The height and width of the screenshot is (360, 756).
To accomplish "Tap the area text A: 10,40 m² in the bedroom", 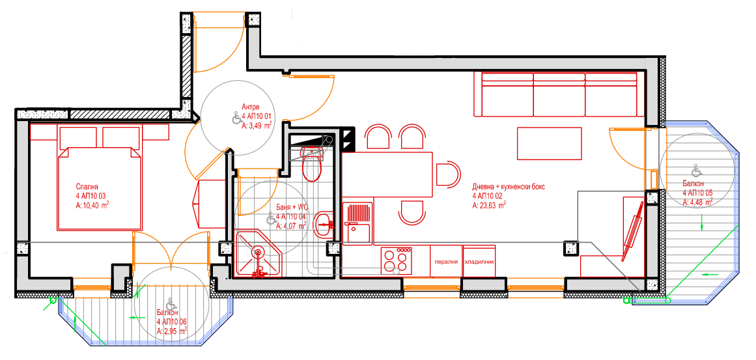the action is pyautogui.click(x=92, y=205).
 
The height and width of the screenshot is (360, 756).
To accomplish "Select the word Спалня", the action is pyautogui.click(x=87, y=186).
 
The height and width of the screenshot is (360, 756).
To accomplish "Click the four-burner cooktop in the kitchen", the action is pyautogui.click(x=397, y=260).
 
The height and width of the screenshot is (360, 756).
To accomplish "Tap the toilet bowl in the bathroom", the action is pyautogui.click(x=313, y=166).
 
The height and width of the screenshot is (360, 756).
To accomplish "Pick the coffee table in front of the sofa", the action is pyautogui.click(x=549, y=143).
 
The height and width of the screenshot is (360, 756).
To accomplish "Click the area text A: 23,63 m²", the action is pyautogui.click(x=489, y=205).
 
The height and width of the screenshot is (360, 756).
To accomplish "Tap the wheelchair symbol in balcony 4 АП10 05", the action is pyautogui.click(x=695, y=170).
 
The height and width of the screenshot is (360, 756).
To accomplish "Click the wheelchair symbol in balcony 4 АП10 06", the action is pyautogui.click(x=170, y=303).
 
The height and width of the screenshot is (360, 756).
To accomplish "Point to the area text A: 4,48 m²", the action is pyautogui.click(x=698, y=202).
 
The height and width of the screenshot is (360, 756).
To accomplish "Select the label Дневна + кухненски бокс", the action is pyautogui.click(x=509, y=187).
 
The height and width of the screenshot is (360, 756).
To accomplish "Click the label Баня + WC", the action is pyautogui.click(x=292, y=207).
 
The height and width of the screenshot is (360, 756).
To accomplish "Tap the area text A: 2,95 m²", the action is pyautogui.click(x=172, y=331).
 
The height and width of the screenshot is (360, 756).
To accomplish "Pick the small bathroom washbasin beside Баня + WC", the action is pyautogui.click(x=323, y=223).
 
